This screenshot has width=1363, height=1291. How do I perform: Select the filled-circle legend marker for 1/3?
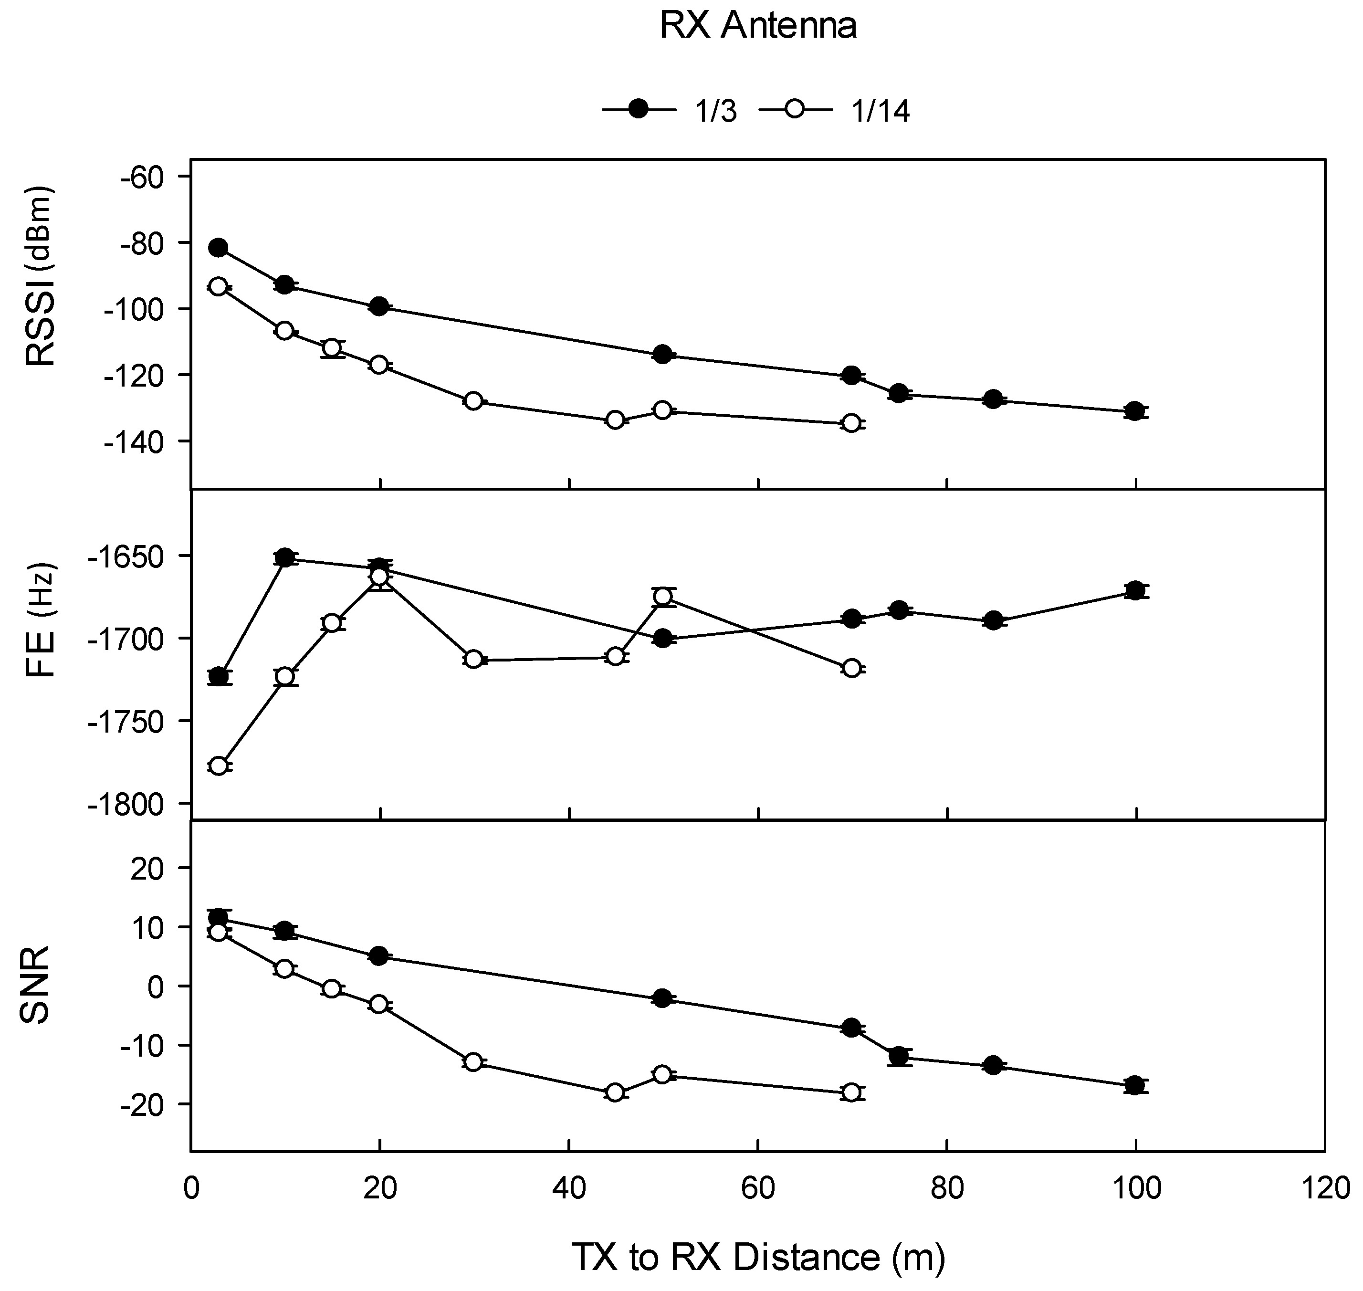click(x=639, y=109)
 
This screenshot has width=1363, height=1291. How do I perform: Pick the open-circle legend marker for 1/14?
click(x=796, y=109)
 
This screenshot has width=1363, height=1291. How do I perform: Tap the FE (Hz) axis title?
click(x=40, y=621)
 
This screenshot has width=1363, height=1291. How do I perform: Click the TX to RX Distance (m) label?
click(x=757, y=1257)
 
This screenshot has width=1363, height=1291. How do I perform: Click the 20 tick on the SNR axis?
click(x=153, y=868)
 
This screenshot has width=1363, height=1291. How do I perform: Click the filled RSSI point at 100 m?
click(x=1135, y=411)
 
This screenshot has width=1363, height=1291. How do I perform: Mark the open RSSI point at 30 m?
click(x=473, y=400)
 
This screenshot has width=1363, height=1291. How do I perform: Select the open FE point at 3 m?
click(x=218, y=766)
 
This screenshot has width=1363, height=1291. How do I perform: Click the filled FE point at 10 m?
click(x=284, y=557)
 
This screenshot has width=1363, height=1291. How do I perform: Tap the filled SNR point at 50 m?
click(x=662, y=998)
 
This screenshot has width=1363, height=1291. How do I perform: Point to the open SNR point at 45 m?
click(x=615, y=1092)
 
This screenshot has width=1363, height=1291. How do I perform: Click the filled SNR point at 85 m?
click(x=993, y=1065)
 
